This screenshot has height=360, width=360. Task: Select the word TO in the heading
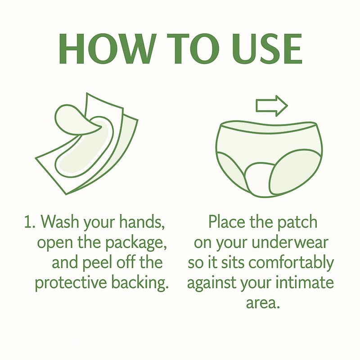coord(193,49)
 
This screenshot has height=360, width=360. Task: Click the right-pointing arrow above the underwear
coord(272,106)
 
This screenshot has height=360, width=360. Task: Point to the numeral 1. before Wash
coord(30,222)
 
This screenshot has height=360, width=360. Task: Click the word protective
coord(71,283)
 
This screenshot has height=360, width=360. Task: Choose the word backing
coord(140,283)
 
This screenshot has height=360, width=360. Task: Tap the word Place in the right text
coord(227,222)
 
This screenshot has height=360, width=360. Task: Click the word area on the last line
coord(263,303)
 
